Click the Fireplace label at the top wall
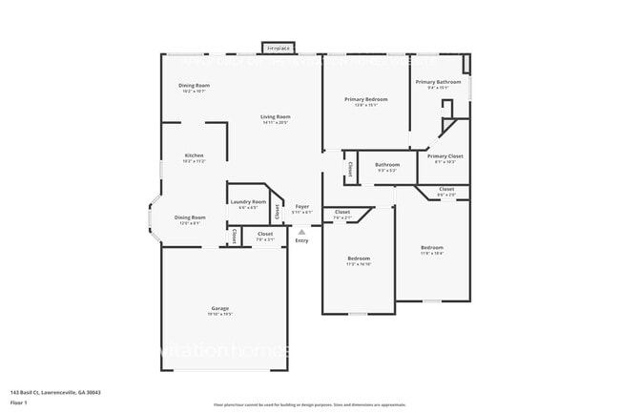278,47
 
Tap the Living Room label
275,117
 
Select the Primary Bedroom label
366,99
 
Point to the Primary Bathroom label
439,82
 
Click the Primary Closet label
444,155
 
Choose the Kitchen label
194,155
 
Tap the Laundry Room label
248,201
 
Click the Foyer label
301,205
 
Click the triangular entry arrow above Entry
301,231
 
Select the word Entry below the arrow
301,240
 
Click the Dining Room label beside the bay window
189,217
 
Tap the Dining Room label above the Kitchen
194,86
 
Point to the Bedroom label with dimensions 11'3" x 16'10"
359,258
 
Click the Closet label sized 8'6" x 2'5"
446,189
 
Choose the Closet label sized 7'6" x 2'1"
341,212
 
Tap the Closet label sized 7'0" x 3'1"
264,234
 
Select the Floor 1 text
19,403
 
